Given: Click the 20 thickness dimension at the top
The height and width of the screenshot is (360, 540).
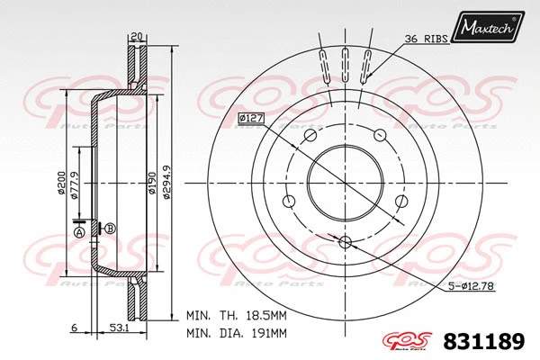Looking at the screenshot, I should (x=137, y=37).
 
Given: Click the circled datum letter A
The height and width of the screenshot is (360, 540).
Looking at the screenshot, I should (x=78, y=233).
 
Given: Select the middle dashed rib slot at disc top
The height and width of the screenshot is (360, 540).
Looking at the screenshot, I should (x=346, y=67).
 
